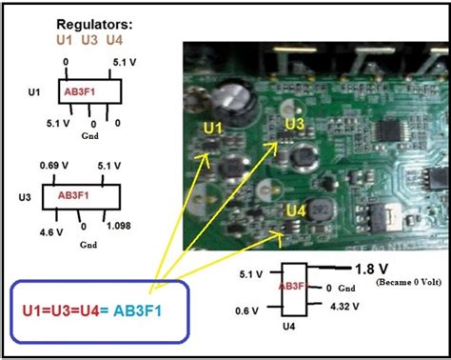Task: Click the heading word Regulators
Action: click(93, 22)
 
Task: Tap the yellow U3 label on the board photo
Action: click(295, 124)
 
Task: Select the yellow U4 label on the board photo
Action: click(296, 210)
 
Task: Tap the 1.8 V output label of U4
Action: click(371, 269)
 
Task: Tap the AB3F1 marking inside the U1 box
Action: click(80, 90)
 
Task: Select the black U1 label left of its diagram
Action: click(35, 93)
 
